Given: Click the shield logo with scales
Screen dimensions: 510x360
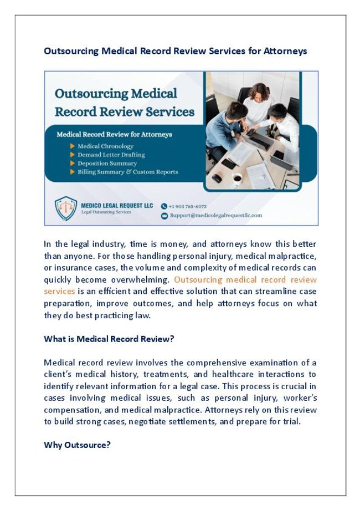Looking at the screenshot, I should tap(66, 208).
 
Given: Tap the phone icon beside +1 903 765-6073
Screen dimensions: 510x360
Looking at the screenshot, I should tap(164, 206).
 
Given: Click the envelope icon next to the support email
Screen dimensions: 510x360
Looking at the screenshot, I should tap(164, 216).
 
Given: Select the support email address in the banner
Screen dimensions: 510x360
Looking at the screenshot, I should tap(216, 216).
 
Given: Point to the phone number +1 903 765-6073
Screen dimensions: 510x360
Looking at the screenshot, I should tap(188, 206).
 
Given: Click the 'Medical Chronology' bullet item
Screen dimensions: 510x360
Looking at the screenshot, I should tap(105, 146).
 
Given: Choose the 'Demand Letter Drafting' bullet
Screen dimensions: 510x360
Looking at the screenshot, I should tap(111, 155).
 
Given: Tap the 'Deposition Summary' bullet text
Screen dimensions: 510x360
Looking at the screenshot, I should tap(107, 164).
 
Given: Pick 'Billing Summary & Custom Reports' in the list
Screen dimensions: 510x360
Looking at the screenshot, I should tap(127, 172).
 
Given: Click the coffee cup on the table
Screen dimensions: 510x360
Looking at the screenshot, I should tap(236, 177).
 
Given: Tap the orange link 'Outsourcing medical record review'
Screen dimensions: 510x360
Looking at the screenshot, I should tap(245, 279).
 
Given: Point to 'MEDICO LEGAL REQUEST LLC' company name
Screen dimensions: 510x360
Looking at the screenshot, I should tap(117, 205).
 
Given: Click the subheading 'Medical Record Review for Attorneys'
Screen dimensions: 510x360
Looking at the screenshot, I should tap(114, 134).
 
